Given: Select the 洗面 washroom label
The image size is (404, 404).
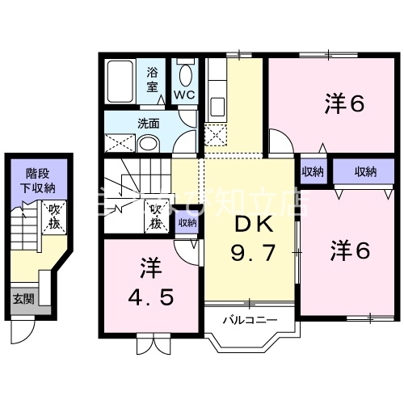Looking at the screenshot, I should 147,124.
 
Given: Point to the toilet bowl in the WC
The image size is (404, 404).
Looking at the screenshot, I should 185,76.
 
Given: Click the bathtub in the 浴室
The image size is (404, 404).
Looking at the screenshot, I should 123,80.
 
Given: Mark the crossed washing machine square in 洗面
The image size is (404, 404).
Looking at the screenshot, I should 118,142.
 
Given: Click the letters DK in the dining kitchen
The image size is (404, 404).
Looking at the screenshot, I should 252,223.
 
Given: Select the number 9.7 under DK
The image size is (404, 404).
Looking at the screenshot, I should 252,253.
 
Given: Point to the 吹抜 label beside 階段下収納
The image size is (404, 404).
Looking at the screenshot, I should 54,216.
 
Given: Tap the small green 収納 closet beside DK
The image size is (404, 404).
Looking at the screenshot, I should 187,223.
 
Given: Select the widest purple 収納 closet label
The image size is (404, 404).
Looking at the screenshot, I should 364,171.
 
